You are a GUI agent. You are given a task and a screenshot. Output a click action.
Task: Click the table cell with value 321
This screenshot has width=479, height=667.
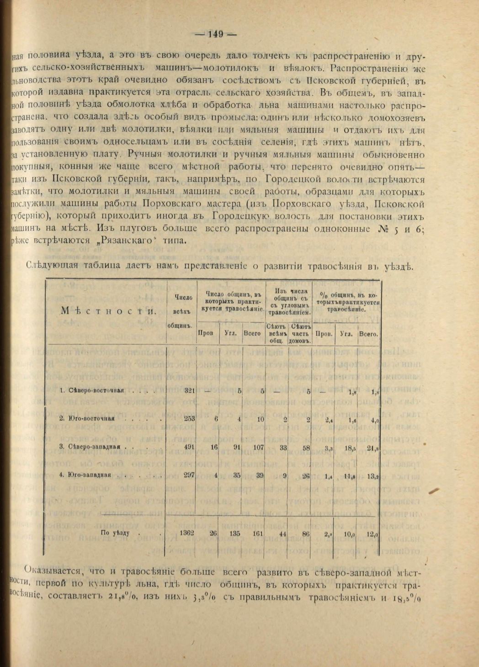(189, 390)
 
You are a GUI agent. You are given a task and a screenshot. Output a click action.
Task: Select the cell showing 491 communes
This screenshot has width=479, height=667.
(189, 447)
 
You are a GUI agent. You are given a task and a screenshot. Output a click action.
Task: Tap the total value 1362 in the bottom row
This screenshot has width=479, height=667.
(187, 533)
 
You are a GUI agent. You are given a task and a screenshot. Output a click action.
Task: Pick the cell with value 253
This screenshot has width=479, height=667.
(189, 418)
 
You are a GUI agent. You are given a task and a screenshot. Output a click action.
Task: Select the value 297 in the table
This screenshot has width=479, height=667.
(189, 475)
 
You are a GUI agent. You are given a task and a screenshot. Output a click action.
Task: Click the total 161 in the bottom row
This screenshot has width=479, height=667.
(258, 533)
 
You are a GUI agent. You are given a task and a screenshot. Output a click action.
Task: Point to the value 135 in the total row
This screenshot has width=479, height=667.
(235, 533)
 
